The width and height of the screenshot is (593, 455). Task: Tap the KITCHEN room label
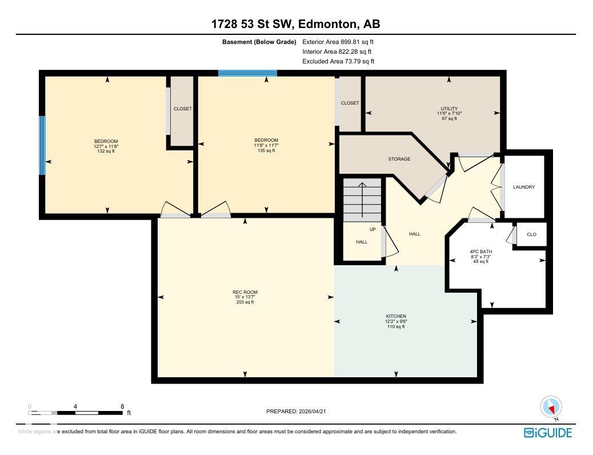coord(396,316)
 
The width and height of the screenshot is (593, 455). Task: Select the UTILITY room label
coord(449,109)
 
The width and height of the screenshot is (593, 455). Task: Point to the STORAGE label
coord(399,159)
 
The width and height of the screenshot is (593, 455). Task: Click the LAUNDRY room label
coord(524,187)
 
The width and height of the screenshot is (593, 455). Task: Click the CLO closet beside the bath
coord(531,234)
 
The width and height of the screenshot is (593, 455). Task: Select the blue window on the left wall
coord(42,145)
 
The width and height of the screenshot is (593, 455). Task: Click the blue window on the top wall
coord(247,73)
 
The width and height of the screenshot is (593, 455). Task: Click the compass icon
coord(551,407)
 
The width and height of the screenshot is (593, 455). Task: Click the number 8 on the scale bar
coord(122,406)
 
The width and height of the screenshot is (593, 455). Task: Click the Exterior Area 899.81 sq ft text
coord(338,42)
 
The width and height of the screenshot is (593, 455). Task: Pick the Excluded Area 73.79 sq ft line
coord(338,61)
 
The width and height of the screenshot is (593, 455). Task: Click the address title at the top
coord(296,24)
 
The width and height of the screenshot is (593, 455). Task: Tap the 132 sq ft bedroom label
coord(106,151)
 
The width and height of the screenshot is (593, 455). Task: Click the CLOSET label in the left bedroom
coord(183,109)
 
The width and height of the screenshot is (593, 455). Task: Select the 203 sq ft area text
coord(245,302)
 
